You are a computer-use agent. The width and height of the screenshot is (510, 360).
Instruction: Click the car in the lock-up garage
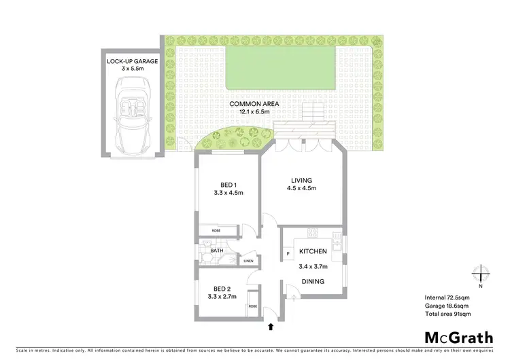click(132, 113)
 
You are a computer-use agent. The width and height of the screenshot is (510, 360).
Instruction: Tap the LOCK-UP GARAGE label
click(131, 62)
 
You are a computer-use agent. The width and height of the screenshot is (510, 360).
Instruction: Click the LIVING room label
click(302, 180)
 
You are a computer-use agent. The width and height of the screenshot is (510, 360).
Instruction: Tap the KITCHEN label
click(313, 251)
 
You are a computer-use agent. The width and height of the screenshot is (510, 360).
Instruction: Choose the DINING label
click(313, 281)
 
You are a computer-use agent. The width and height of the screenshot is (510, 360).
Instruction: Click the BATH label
click(217, 251)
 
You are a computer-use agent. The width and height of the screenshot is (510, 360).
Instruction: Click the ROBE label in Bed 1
click(216, 231)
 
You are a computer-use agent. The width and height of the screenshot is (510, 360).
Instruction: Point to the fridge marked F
click(288, 255)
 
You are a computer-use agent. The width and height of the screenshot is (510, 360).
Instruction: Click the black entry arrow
click(272, 327)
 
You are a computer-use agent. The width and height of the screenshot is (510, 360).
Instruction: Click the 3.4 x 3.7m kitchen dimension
click(313, 266)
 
